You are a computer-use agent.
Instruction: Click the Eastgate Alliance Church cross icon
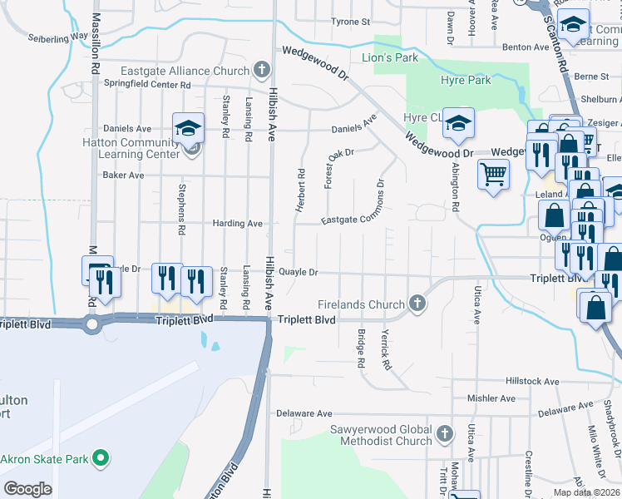tap(262, 69)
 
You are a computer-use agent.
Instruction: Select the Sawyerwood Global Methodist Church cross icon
tap(445, 433)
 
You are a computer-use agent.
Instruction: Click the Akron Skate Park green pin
tap(101, 457)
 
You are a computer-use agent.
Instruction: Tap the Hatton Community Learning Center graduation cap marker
tap(188, 128)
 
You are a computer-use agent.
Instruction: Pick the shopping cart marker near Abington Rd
tap(493, 175)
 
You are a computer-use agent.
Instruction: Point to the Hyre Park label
tap(465, 80)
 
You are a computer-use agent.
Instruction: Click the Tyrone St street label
tap(350, 22)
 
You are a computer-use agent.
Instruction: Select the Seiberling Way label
tap(57, 37)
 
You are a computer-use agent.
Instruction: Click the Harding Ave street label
tap(237, 224)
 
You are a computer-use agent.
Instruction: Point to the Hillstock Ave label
tap(532, 381)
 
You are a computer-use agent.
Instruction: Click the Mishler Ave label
tap(487, 398)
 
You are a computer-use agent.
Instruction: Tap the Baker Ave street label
tap(123, 175)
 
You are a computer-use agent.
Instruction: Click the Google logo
tap(27, 489)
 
